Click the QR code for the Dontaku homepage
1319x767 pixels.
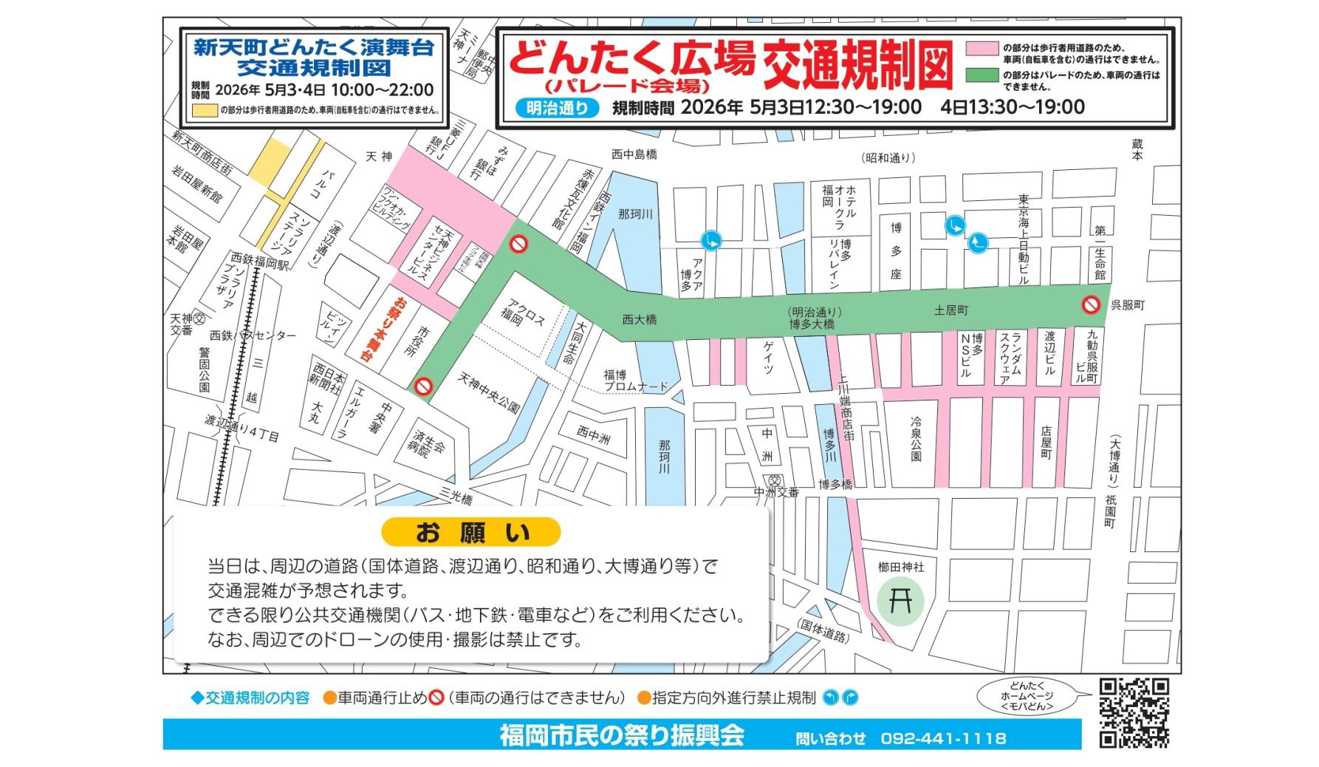point(1134,712)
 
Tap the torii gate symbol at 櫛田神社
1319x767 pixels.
point(900,600)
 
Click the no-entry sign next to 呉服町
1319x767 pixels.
point(1091,304)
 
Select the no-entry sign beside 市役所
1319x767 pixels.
point(423,386)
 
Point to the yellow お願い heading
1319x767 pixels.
point(471,532)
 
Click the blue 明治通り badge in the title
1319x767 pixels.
point(558,108)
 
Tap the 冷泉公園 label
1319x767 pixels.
point(916,439)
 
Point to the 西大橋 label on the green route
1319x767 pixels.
point(639,319)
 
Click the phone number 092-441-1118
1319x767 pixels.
point(943,738)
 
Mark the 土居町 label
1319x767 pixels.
point(950,310)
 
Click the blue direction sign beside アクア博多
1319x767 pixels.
point(712,239)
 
